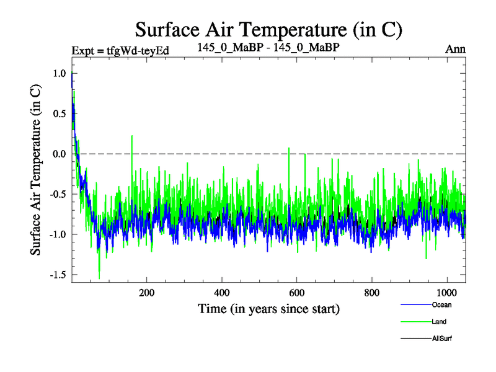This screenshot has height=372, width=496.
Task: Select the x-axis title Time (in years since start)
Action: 268,308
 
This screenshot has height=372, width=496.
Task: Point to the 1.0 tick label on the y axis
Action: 60,73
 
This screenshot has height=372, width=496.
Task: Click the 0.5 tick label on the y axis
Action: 60,113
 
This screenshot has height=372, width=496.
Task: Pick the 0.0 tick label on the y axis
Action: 60,154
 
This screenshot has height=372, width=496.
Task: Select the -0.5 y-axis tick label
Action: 58,194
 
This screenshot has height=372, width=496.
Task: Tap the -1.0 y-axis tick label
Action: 58,234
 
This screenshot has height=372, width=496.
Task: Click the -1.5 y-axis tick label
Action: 58,275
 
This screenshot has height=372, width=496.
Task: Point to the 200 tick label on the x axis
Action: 147,292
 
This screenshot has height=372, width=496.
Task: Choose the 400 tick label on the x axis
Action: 222,292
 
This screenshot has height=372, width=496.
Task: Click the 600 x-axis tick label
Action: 297,292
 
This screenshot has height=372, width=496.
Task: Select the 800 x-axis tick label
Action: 372,292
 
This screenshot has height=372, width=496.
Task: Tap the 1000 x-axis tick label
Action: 447,292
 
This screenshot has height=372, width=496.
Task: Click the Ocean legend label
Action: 442,304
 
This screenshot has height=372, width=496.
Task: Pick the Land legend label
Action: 440,322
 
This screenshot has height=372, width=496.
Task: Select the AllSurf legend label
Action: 442,339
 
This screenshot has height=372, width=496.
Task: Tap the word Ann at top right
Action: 456,48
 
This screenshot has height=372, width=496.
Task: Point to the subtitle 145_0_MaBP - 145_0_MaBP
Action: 268,47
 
